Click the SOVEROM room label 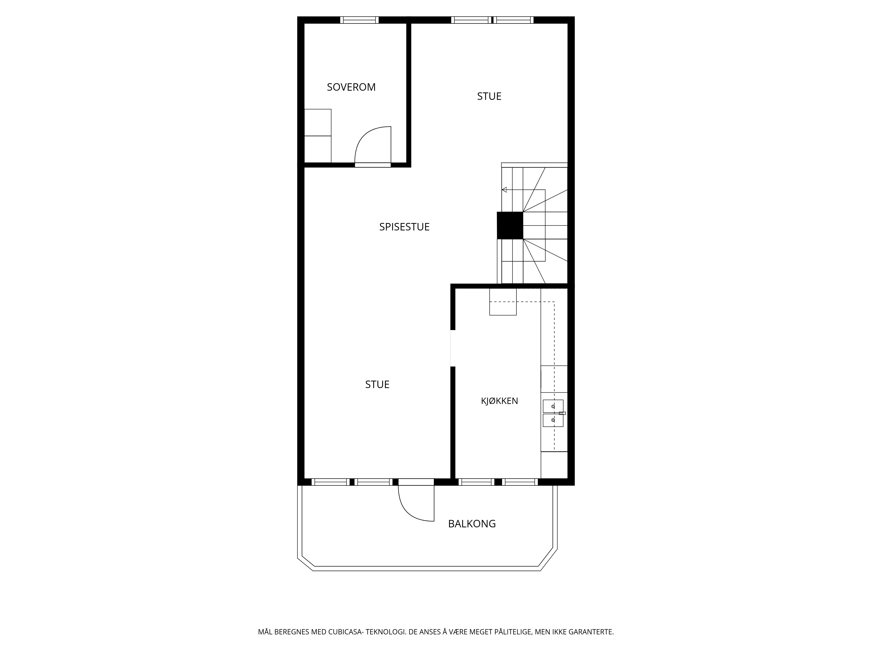coord(351,87)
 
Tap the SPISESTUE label coord(404,227)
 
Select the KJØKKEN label coord(499,401)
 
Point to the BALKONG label coord(472,524)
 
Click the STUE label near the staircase coord(489,97)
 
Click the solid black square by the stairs coord(510,225)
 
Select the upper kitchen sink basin coord(553,406)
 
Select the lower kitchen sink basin coord(553,420)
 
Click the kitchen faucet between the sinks coord(562,413)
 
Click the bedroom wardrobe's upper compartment coord(318,123)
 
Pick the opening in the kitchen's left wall coord(453,348)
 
